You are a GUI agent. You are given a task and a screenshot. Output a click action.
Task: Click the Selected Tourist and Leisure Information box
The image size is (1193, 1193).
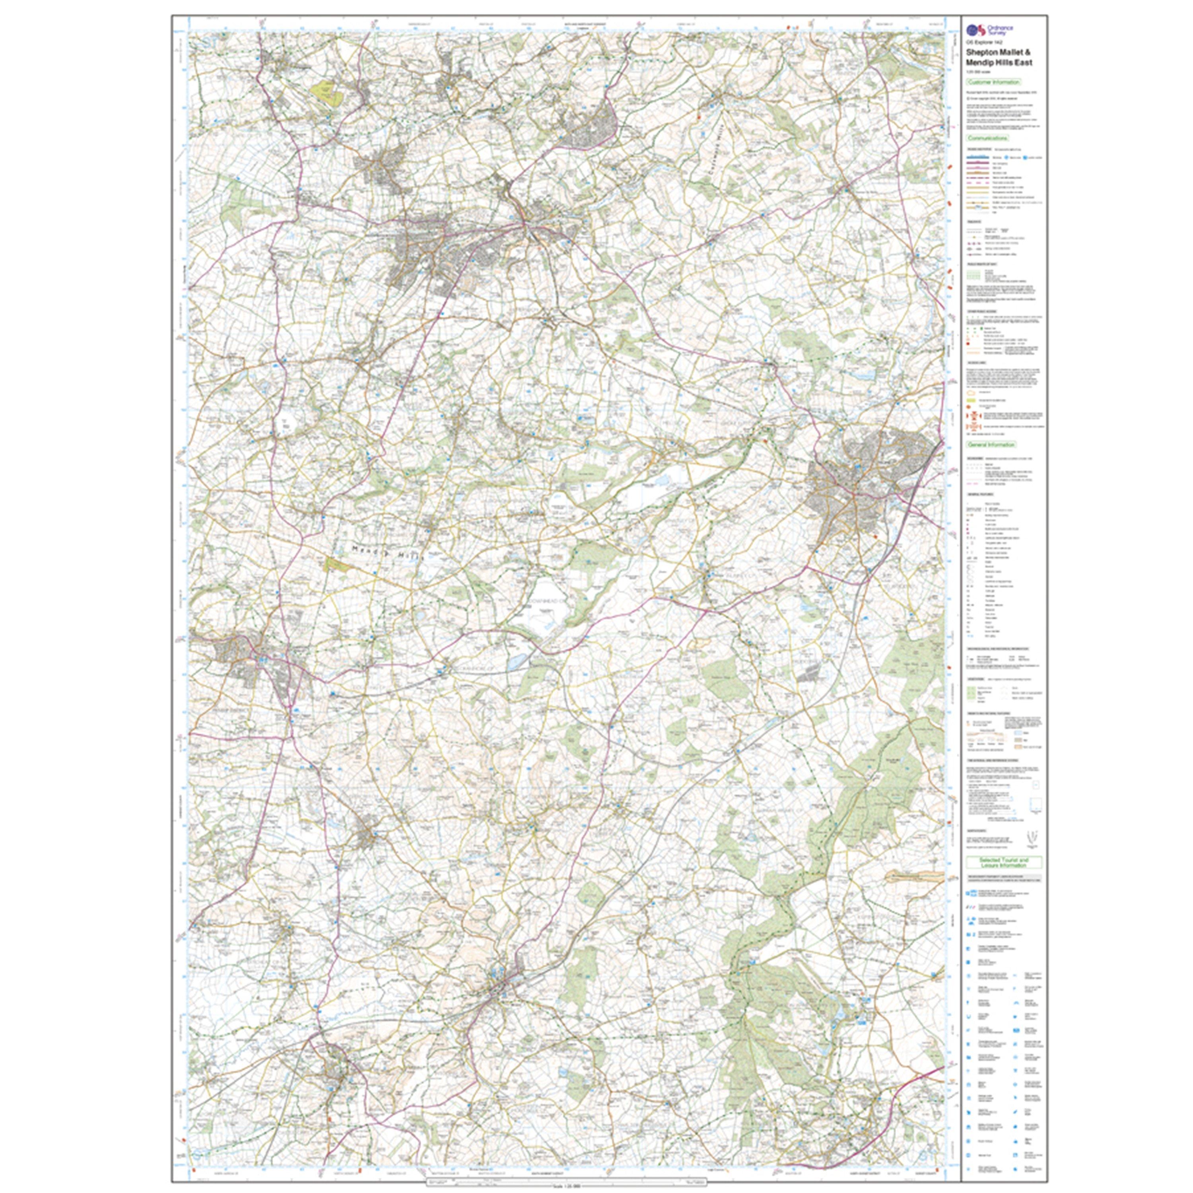coord(1003,863)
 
